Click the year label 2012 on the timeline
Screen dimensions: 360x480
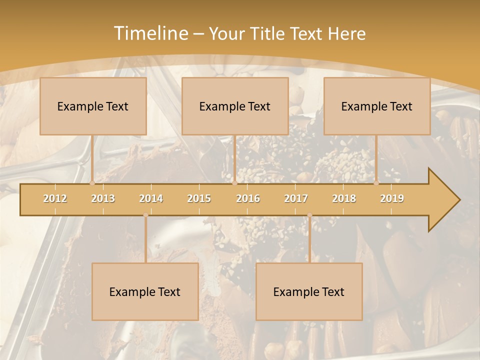click(55, 198)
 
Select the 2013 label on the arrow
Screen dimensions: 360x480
click(103, 198)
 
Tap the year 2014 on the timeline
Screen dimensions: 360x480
click(151, 198)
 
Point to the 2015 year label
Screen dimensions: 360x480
click(199, 198)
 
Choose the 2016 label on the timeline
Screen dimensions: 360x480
click(248, 198)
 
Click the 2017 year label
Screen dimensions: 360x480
click(296, 198)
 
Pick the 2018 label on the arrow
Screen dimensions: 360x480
click(344, 198)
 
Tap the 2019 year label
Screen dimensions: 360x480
click(392, 198)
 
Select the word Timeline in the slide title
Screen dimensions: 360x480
click(150, 33)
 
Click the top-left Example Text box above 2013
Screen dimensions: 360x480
click(93, 106)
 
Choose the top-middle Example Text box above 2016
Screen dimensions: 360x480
click(235, 106)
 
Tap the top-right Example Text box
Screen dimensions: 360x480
click(377, 106)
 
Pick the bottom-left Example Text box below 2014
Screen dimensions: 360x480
click(145, 291)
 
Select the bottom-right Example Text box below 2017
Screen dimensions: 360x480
click(309, 291)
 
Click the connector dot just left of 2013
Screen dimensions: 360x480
click(92, 183)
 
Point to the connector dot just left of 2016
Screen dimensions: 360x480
click(234, 183)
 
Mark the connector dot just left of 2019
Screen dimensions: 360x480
click(376, 183)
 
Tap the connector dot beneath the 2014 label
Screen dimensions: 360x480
click(145, 215)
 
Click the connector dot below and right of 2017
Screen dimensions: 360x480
click(309, 215)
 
